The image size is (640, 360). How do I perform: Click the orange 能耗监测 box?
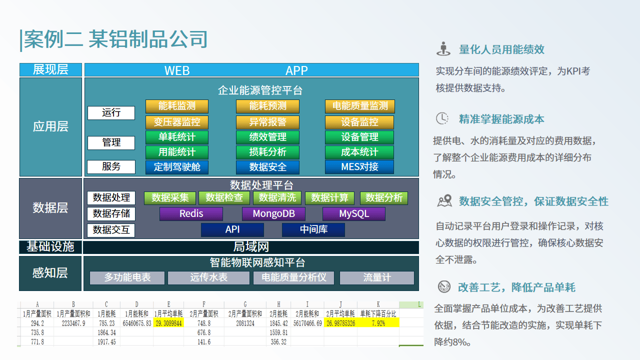tap(177, 106)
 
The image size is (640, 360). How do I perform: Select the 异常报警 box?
tap(267, 122)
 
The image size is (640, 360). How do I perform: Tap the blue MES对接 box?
tap(359, 167)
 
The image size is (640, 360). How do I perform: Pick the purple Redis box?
tap(191, 213)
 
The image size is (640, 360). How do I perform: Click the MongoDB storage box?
tap(273, 213)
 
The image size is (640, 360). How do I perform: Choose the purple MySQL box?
tap(354, 213)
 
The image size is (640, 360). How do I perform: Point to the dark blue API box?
tap(232, 229)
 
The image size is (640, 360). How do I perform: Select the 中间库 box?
tap(313, 229)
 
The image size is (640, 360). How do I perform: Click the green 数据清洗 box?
tap(277, 198)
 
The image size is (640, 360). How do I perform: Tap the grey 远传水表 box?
tap(208, 277)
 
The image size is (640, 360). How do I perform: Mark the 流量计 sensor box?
tap(377, 277)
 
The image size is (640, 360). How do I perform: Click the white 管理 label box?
tap(111, 142)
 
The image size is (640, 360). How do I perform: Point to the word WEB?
tap(177, 70)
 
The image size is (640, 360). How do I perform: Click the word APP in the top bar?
tap(296, 70)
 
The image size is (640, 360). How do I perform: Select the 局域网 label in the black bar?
tap(251, 247)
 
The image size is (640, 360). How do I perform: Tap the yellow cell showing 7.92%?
tap(378, 323)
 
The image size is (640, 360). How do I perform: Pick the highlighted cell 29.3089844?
tap(168, 323)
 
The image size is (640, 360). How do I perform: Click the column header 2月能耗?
tap(278, 314)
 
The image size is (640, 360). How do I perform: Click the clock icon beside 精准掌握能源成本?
tap(442, 118)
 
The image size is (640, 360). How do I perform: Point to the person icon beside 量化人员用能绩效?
tap(443, 49)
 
